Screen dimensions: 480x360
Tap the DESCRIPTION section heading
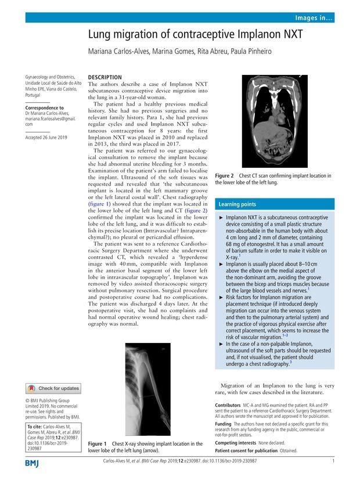pos(105,77)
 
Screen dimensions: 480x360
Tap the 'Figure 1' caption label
pos(98,444)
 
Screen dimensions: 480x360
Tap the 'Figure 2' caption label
pos(225,175)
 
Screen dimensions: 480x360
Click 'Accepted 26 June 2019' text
pos(47,137)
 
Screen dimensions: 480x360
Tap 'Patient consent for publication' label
pos(246,450)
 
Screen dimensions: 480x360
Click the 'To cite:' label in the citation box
pos(36,427)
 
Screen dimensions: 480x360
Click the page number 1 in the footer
pos(333,461)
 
